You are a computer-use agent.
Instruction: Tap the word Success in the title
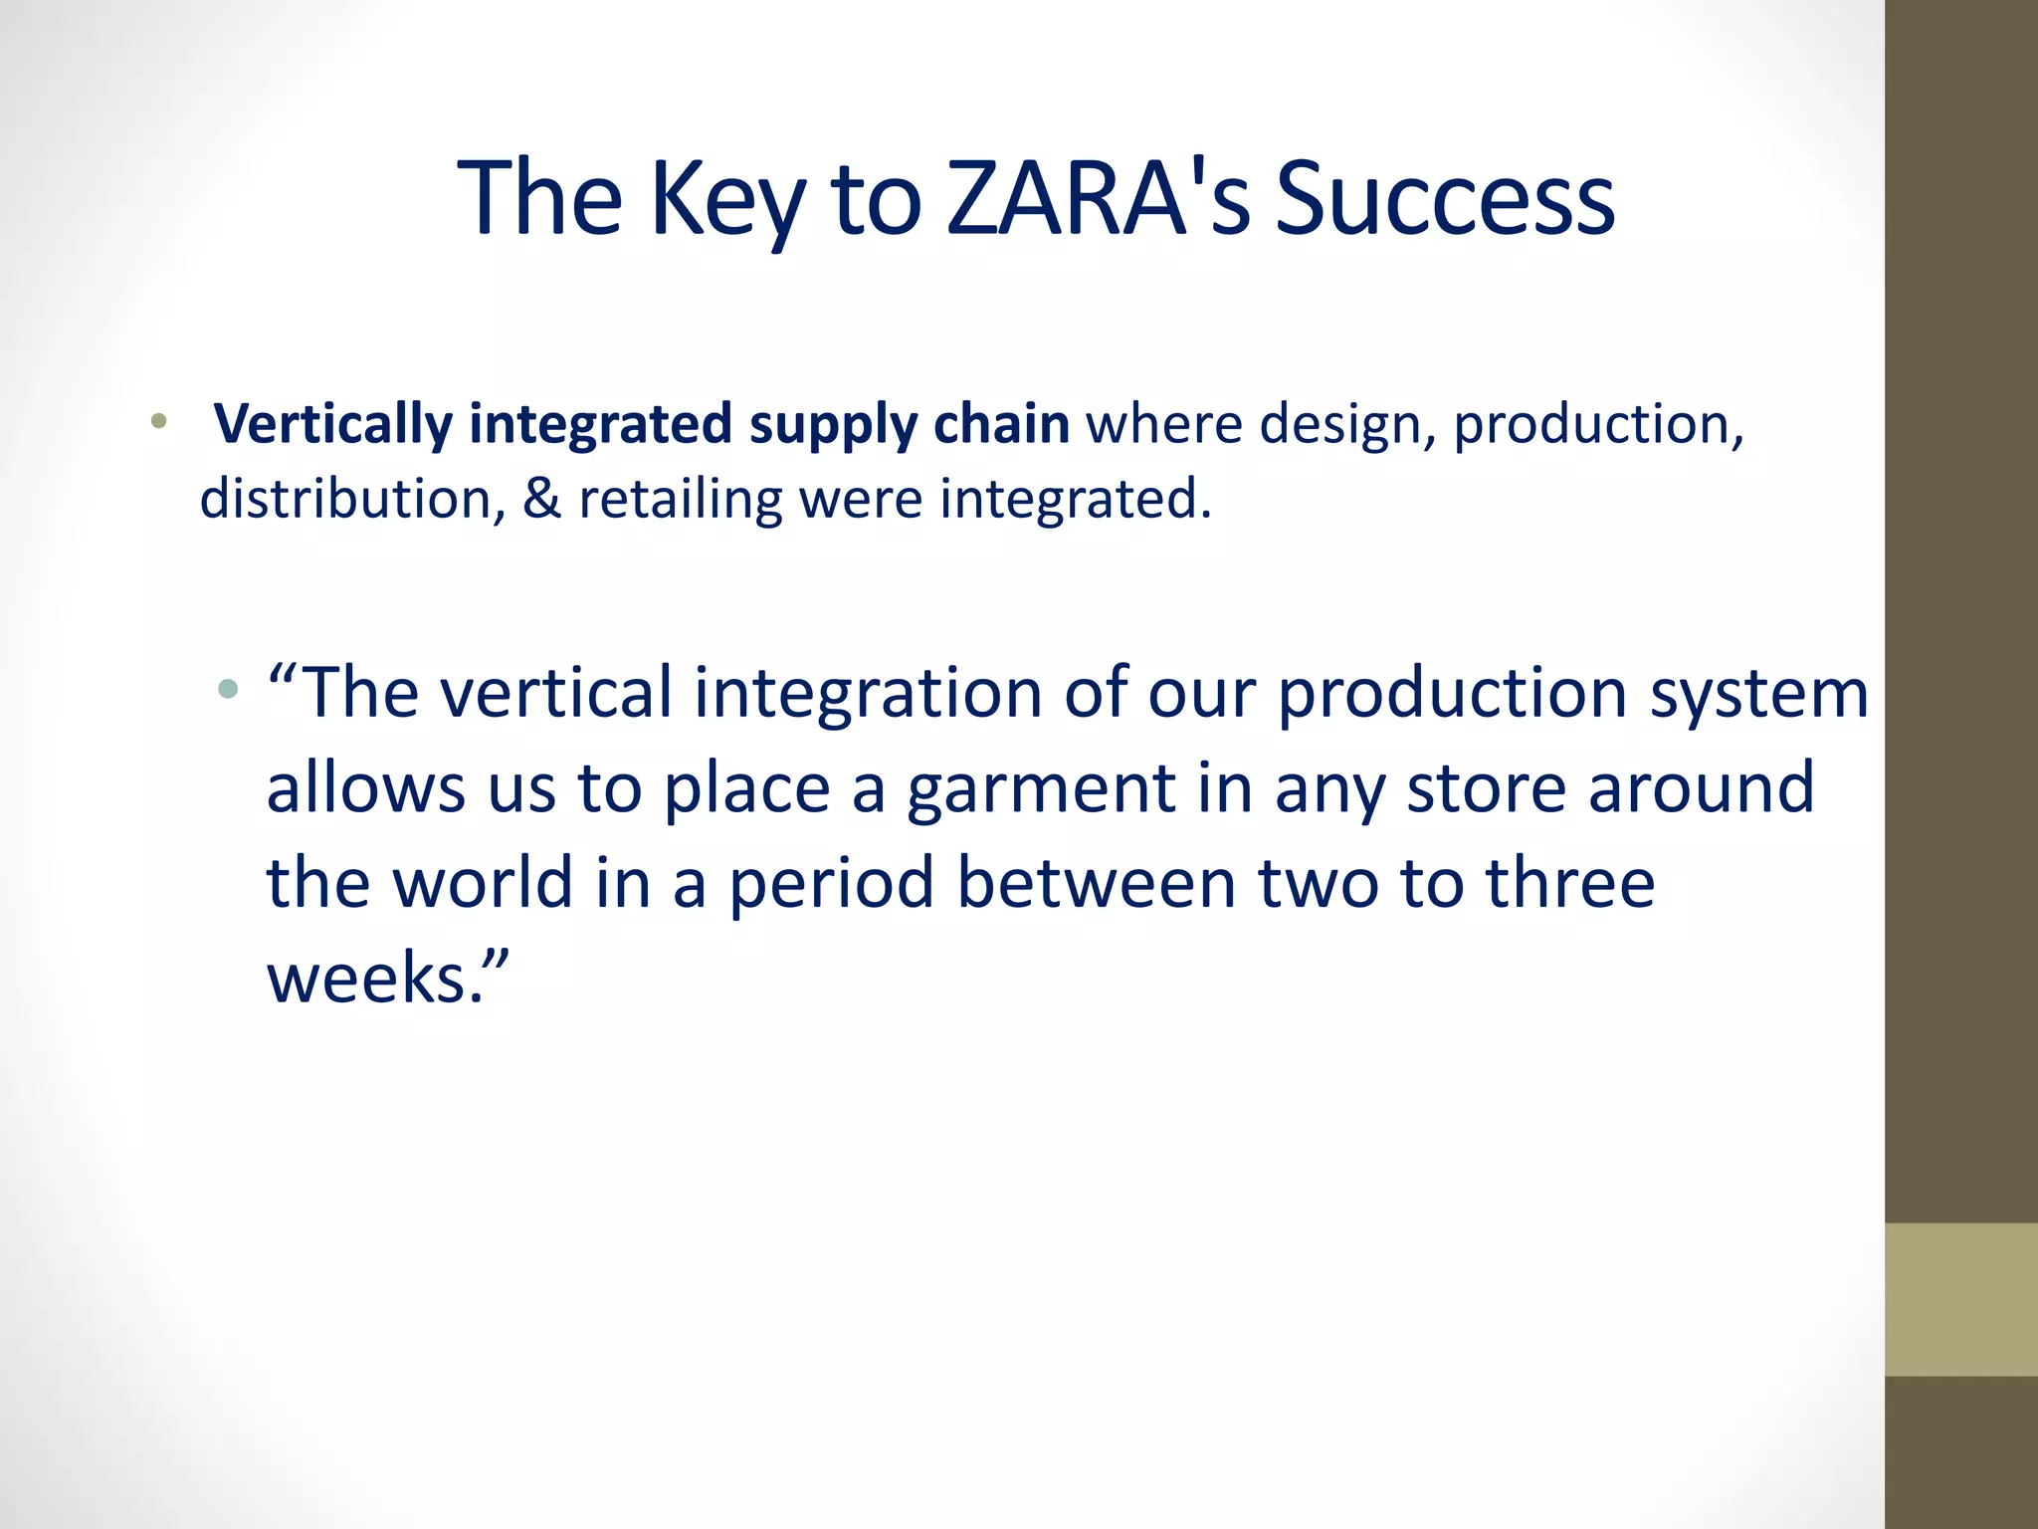(1444, 199)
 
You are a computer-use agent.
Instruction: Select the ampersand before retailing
(542, 499)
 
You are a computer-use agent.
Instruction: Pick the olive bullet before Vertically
(158, 421)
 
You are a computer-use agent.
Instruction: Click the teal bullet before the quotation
(229, 688)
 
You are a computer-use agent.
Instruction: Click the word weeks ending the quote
(374, 979)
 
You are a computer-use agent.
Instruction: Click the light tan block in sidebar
(1960, 1299)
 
